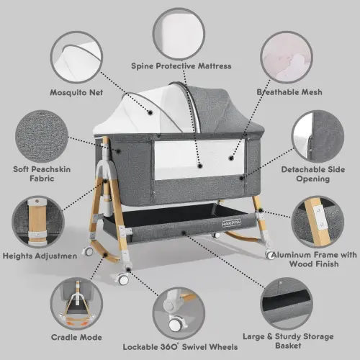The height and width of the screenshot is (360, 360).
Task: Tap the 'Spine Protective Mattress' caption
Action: coord(181,66)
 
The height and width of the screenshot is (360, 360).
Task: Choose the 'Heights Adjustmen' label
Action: coord(43,254)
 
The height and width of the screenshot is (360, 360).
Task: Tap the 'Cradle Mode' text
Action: coord(76,336)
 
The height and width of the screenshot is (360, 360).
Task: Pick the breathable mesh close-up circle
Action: coord(288,55)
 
